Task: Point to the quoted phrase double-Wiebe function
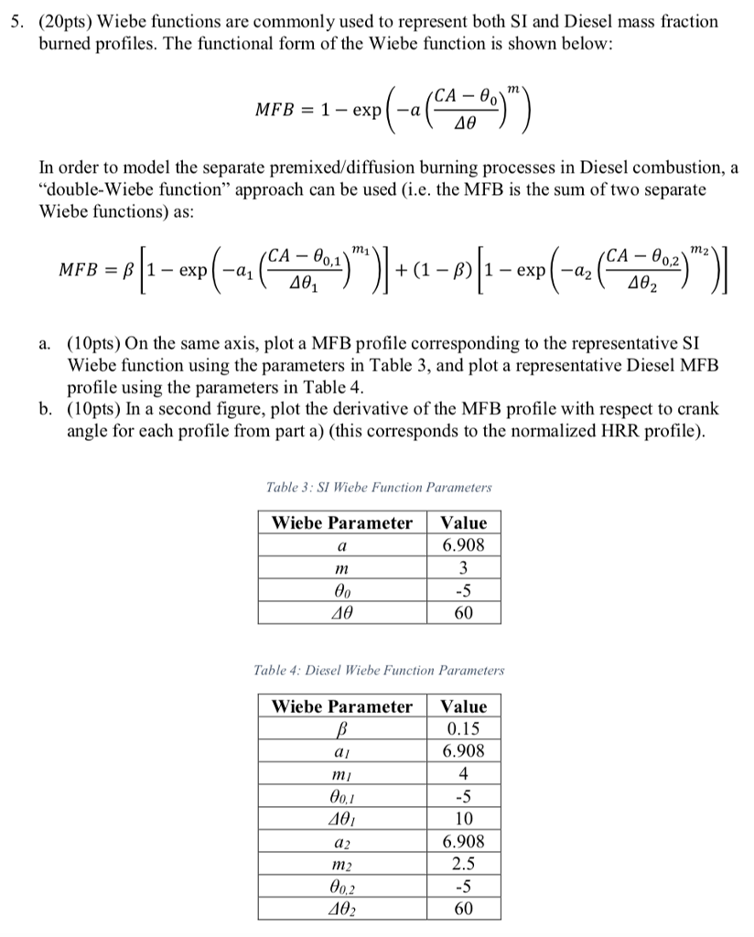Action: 119,190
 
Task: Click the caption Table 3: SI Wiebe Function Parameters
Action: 379,488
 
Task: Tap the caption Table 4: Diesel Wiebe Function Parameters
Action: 379,671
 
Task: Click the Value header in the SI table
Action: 464,523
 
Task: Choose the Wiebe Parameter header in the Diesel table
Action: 342,706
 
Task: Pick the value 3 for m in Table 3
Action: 464,568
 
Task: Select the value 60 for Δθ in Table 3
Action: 464,612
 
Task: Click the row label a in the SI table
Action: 342,546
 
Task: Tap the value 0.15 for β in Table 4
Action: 464,729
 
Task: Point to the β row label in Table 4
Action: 342,729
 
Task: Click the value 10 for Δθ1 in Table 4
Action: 464,818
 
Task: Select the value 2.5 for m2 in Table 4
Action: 464,863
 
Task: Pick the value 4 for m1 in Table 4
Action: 464,774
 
